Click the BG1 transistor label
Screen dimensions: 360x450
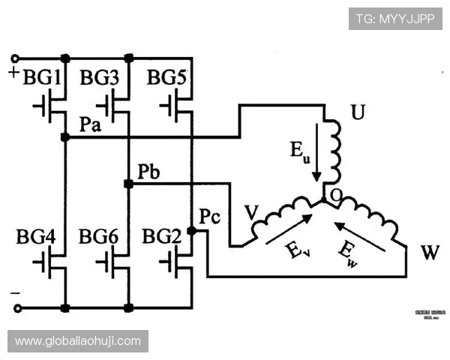[43, 77]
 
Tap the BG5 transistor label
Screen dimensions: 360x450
[166, 77]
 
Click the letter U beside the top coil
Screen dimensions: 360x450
[358, 114]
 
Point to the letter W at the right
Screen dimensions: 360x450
[430, 253]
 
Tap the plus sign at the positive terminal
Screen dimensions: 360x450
[13, 73]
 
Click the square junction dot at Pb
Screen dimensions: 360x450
[128, 184]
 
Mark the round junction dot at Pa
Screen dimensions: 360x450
[65, 137]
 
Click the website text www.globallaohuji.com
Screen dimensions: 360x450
[78, 341]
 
